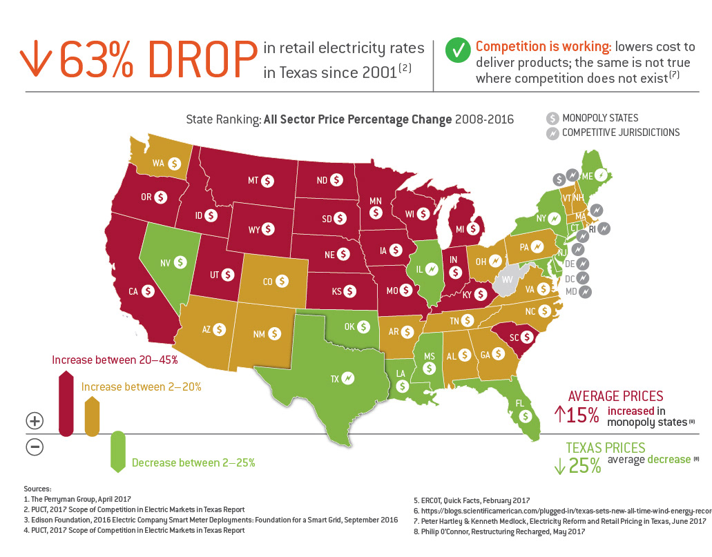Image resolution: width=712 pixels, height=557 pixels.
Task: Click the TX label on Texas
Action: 334,378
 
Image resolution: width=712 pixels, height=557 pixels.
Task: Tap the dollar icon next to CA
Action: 147,291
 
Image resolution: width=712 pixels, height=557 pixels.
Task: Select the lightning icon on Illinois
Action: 432,268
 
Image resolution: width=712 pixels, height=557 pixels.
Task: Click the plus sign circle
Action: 35,420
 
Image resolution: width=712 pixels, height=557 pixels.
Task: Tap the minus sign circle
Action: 35,447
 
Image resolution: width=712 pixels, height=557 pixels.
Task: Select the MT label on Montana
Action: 253,181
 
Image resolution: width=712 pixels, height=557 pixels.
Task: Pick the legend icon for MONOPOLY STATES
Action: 552,118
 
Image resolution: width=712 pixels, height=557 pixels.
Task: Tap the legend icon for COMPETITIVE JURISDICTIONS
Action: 552,133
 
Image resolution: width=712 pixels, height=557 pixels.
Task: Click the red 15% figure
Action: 578,414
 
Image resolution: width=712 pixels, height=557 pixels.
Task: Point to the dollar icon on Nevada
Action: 180,262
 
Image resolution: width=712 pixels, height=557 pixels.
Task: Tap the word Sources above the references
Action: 37,487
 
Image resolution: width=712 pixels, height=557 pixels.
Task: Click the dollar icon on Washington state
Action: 175,164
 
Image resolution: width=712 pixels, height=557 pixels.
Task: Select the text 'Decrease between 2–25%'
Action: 193,462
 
